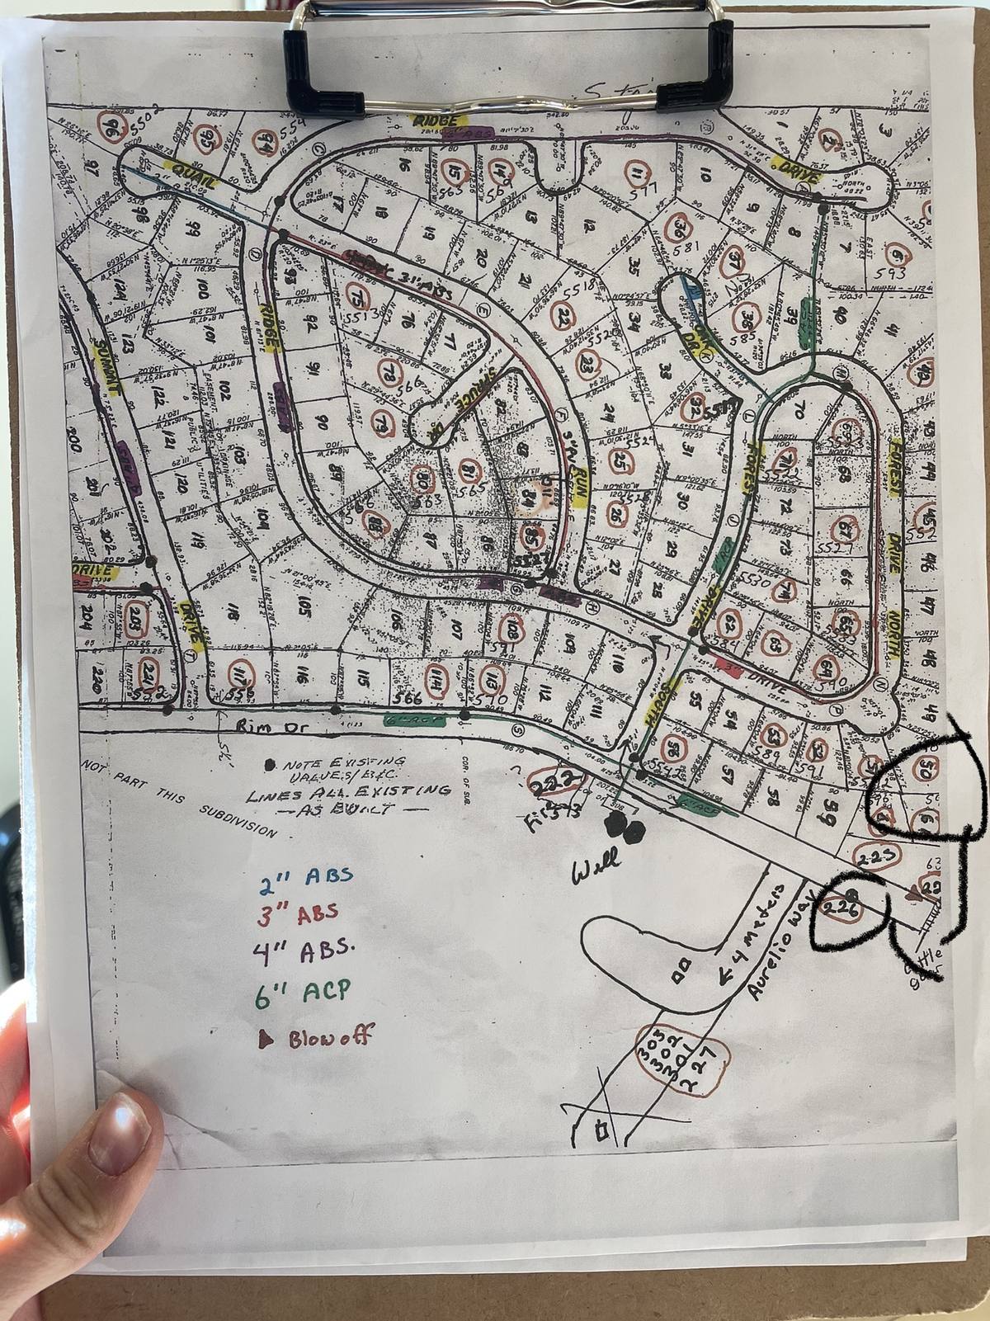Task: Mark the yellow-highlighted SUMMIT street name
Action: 105,367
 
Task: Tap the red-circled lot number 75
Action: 357,295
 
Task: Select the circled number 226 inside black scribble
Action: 840,908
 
